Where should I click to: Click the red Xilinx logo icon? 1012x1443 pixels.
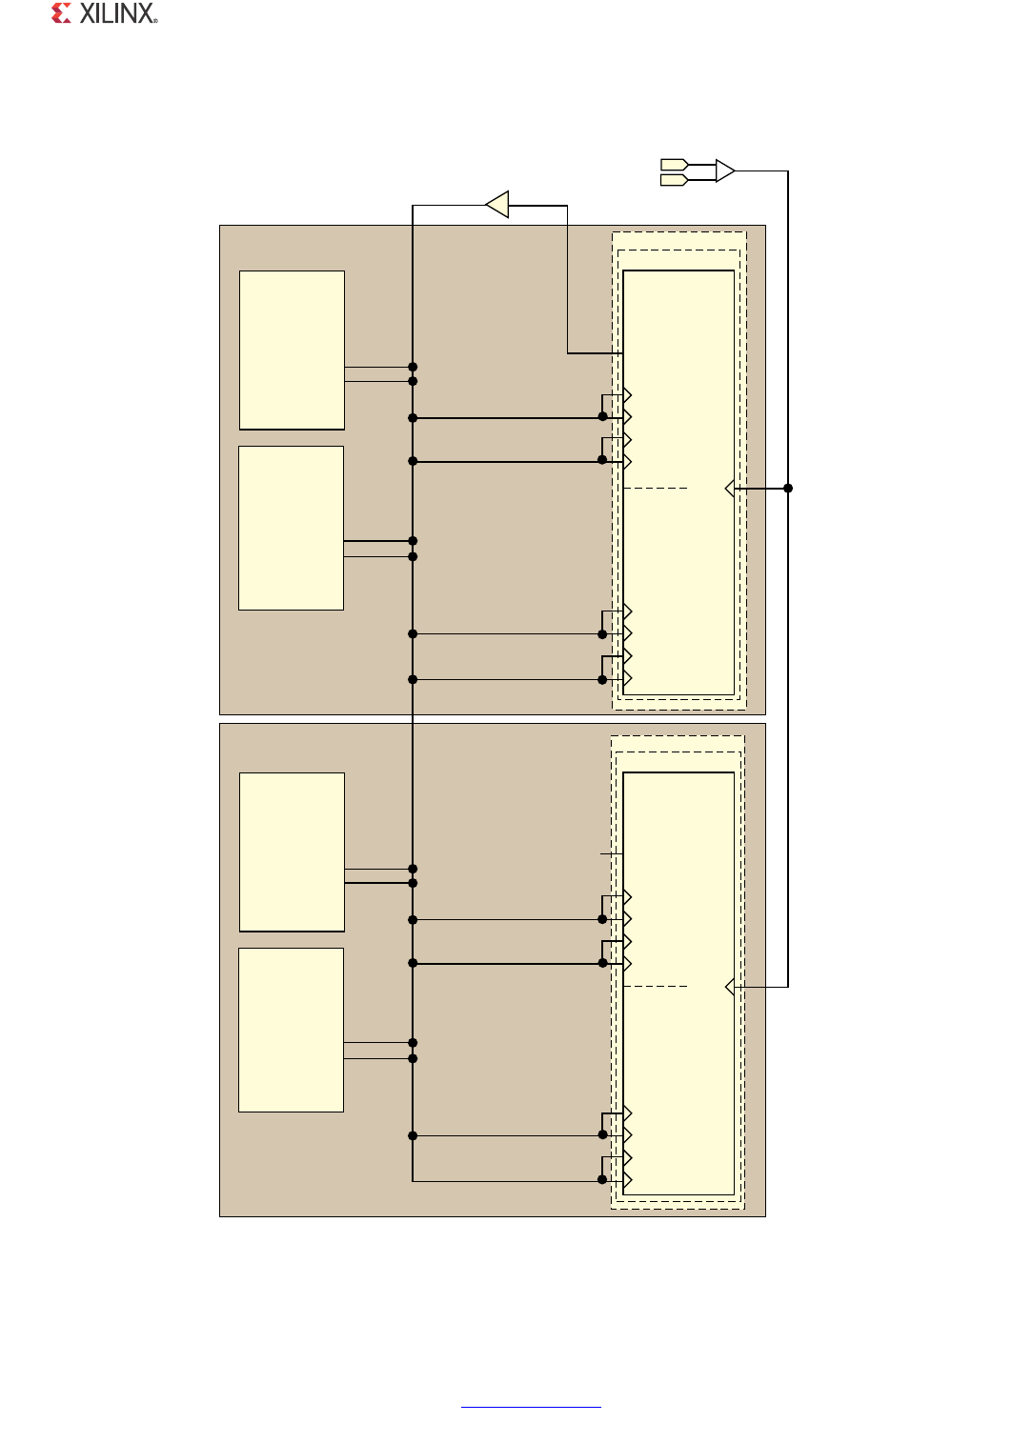[62, 13]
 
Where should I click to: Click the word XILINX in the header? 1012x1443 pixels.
[118, 13]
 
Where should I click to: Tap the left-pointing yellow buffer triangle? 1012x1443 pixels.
[497, 204]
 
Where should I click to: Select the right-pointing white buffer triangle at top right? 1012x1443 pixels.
[725, 171]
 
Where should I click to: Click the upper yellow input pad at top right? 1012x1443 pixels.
[674, 165]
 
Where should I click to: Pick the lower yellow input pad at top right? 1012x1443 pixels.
[674, 180]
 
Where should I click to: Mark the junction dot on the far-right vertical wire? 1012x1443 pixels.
[788, 489]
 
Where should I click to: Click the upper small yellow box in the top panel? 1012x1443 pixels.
[292, 351]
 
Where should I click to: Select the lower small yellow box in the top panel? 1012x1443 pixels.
[291, 528]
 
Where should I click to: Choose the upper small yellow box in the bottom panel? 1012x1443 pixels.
[292, 852]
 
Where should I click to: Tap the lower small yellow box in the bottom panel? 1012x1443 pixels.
[291, 1030]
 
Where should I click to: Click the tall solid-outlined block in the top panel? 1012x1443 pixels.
[678, 571]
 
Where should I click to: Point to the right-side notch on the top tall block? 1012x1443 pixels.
[730, 489]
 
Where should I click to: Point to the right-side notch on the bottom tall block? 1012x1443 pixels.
[730, 987]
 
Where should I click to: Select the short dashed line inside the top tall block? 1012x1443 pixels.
[656, 489]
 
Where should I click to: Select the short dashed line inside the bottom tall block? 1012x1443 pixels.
[656, 987]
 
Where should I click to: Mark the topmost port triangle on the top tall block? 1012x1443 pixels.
[627, 395]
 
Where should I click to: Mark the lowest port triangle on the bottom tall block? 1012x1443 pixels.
[627, 1180]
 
